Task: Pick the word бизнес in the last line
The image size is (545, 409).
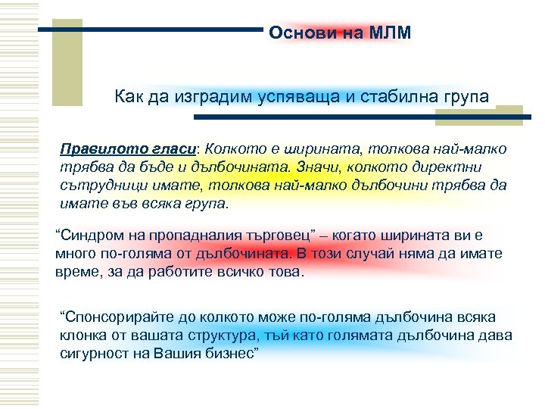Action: click(229, 354)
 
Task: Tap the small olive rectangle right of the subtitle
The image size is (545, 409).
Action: click(509, 114)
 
